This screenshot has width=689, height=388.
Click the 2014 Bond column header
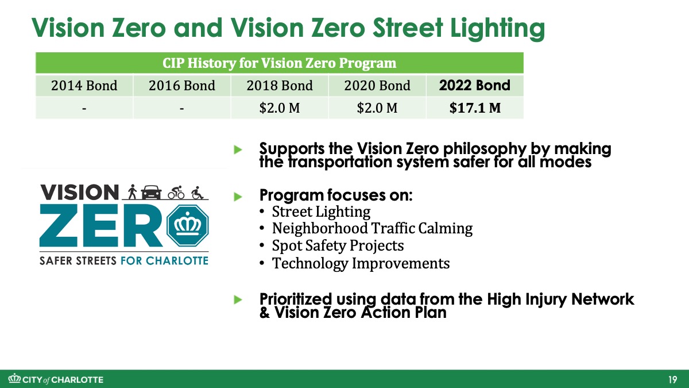tap(84, 85)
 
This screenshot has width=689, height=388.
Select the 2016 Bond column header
tap(182, 85)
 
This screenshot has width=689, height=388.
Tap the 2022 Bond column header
tap(475, 85)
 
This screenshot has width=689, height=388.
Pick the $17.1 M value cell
tap(475, 108)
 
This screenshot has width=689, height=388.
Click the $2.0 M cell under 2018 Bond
tap(279, 108)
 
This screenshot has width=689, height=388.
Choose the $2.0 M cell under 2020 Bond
tap(377, 108)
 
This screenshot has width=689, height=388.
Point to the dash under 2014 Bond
tap(84, 109)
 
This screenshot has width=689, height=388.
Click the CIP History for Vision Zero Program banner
tap(279, 63)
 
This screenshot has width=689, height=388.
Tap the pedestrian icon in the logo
tap(132, 192)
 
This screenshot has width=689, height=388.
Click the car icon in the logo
tap(151, 192)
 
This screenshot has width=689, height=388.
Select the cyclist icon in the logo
tap(176, 193)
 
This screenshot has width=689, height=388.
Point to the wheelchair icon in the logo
tap(197, 193)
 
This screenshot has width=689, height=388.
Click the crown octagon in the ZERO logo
tap(188, 225)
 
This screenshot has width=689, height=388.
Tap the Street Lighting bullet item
tap(321, 212)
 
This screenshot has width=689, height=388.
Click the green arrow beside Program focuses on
tap(238, 197)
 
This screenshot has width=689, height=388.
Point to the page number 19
tap(673, 379)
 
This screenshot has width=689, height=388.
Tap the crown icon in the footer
tap(14, 378)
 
